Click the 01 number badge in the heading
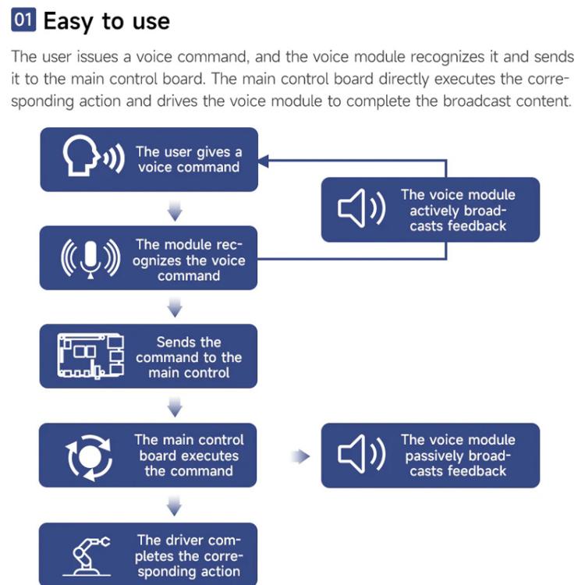23,21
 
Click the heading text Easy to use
106,21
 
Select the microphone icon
91,258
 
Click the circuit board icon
91,356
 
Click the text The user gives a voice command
189,159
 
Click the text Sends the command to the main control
189,357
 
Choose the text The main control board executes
189,456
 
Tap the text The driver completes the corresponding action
189,555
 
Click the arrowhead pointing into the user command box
264,161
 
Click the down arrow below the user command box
175,211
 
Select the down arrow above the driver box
175,507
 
